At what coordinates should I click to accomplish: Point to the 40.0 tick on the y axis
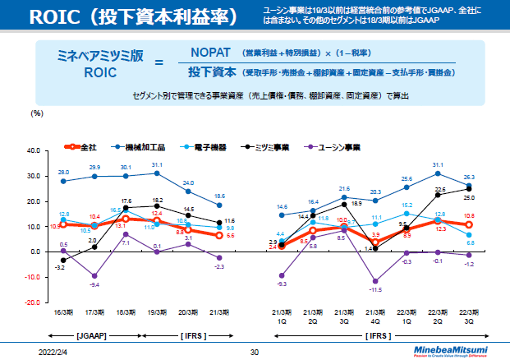point(33,152)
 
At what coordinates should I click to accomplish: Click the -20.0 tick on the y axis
point(32,303)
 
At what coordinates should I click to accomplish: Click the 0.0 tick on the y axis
point(35,252)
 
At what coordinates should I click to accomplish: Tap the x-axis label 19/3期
point(158,313)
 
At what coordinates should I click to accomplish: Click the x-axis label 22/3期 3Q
point(469,316)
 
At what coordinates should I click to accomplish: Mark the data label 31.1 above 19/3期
point(157,165)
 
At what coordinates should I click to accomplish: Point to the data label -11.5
point(376,290)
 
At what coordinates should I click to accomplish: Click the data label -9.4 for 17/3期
point(94,284)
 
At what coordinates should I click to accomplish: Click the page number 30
point(255,352)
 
